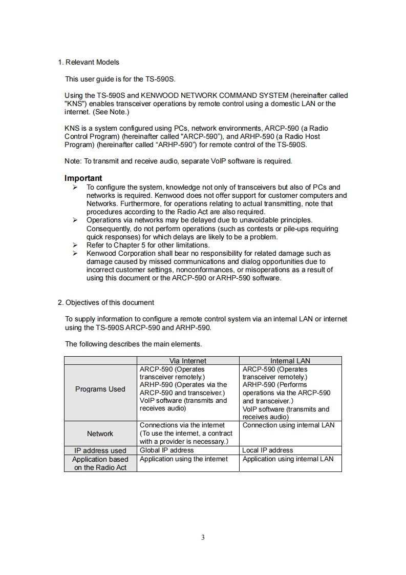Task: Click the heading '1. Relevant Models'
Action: tap(88, 62)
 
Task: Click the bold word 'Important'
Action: tap(83, 178)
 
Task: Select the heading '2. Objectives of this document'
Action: tap(106, 302)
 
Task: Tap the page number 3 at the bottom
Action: tap(203, 538)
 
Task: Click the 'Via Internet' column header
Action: tap(187, 361)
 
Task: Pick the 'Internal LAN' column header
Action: tap(290, 361)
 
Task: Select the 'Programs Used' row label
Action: tap(100, 389)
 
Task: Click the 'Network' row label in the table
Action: tap(100, 434)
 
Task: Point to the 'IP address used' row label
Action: tap(100, 451)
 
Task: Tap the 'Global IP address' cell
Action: tap(167, 450)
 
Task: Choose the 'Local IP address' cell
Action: tap(268, 450)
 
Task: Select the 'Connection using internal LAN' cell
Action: tap(288, 425)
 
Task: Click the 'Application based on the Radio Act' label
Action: tap(100, 463)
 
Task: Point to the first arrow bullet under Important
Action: tap(75, 188)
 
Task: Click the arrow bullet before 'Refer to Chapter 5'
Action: tap(75, 245)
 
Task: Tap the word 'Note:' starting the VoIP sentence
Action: tap(73, 161)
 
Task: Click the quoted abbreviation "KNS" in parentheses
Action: tap(74, 104)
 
